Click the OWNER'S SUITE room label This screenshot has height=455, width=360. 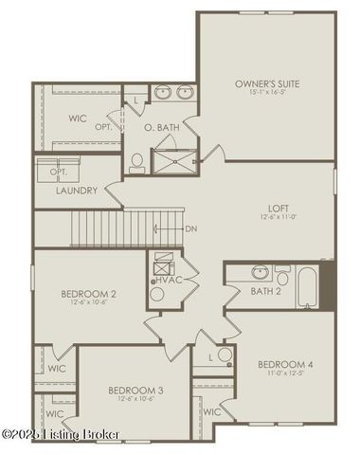pyautogui.click(x=267, y=84)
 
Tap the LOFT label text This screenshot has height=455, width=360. pyautogui.click(x=279, y=208)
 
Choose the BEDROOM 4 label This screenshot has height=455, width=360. pyautogui.click(x=284, y=365)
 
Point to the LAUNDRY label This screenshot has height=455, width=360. pyautogui.click(x=78, y=190)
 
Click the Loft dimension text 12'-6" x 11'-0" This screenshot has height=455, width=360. pyautogui.click(x=279, y=217)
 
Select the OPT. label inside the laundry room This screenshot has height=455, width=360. pyautogui.click(x=57, y=172)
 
